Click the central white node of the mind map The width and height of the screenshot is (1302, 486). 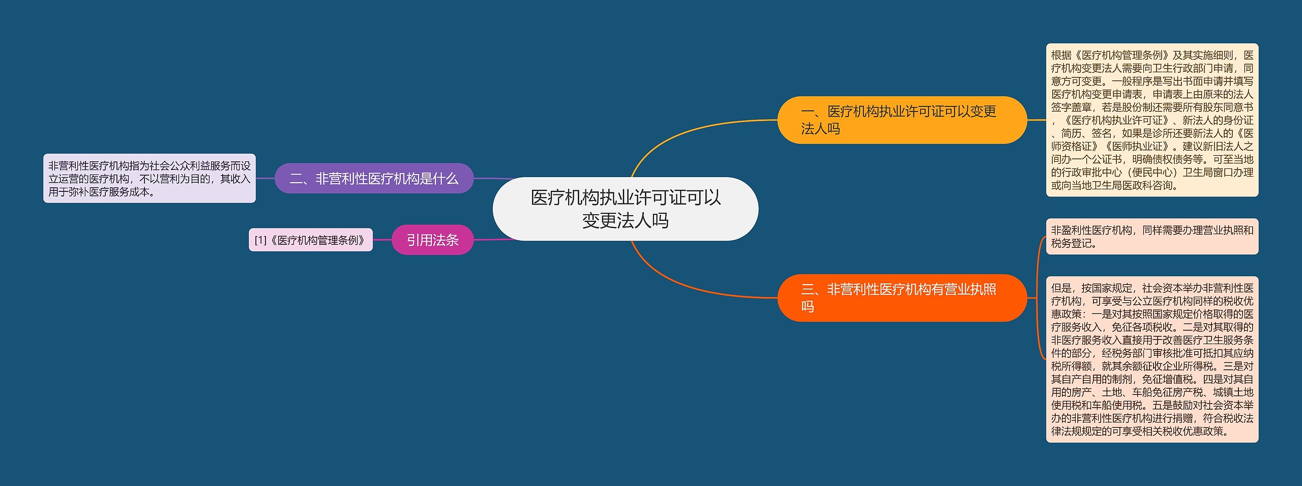(x=625, y=209)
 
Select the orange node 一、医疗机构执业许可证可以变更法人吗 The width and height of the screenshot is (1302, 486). (x=902, y=120)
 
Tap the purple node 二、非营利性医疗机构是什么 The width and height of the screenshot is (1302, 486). (x=374, y=179)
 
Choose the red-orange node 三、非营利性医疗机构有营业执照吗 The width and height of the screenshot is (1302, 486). (x=902, y=298)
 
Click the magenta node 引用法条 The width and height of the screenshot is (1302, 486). (x=432, y=240)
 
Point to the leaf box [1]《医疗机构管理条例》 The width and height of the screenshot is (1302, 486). (x=310, y=240)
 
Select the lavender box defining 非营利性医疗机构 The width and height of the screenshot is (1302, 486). (x=149, y=179)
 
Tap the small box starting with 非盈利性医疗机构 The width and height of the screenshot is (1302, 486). (x=1152, y=237)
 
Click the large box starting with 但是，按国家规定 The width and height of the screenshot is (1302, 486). (x=1152, y=359)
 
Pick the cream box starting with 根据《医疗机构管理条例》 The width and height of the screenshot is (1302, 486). (x=1152, y=120)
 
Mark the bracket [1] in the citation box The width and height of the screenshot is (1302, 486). (x=260, y=240)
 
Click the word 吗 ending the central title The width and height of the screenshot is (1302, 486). (x=660, y=221)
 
